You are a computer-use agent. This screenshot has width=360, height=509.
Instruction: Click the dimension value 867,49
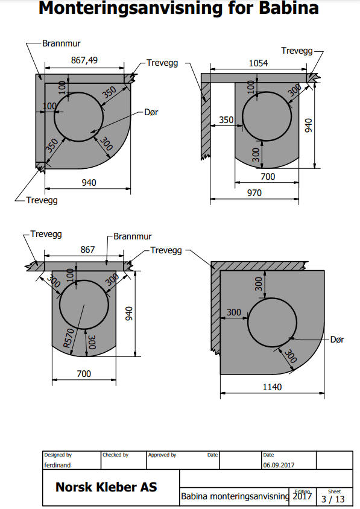[84, 60]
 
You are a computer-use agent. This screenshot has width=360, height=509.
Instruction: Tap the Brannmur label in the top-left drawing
[62, 43]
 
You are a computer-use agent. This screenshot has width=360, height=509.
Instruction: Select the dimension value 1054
[259, 63]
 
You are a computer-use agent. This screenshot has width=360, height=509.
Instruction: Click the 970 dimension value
[254, 193]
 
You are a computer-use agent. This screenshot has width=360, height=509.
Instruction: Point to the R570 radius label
[69, 338]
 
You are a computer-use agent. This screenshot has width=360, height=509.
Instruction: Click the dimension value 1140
[272, 387]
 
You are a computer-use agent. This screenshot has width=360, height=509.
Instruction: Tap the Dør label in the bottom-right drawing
[337, 340]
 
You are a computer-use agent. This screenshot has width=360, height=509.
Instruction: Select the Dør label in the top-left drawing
[151, 112]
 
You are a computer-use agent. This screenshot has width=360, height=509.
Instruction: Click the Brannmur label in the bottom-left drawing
[133, 236]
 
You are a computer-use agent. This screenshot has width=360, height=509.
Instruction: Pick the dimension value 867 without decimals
[87, 250]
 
